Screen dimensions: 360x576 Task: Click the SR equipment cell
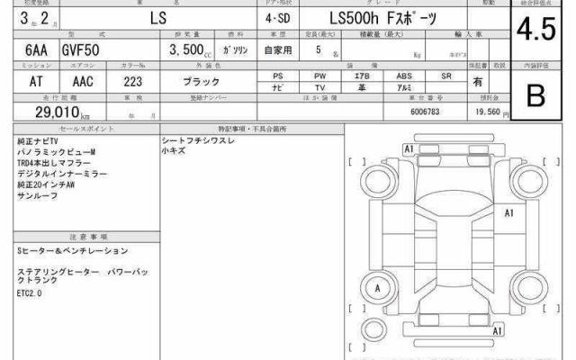(446, 76)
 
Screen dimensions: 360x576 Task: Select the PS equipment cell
(277, 76)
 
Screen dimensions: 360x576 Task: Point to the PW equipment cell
(319, 76)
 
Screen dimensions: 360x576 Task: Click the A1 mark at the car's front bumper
(409, 148)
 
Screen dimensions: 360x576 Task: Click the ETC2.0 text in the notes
(30, 292)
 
